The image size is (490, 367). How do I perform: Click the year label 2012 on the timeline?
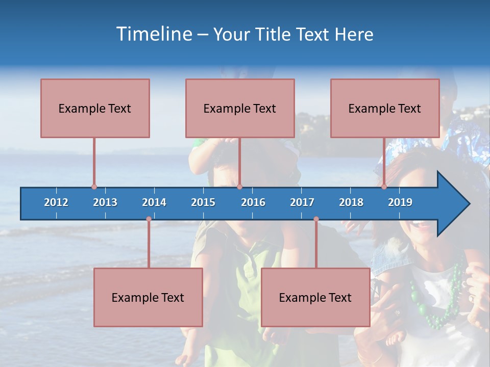pos(56,202)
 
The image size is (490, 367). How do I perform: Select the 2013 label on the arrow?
pos(105,202)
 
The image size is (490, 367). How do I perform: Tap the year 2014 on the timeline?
pos(154,202)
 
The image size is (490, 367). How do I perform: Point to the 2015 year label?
pos(203,202)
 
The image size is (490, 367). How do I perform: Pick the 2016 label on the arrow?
pos(253,202)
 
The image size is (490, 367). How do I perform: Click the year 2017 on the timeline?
pos(302,202)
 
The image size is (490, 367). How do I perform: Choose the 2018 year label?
pos(351,202)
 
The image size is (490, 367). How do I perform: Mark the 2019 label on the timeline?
pos(400,202)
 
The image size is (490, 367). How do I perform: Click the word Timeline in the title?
pos(153,34)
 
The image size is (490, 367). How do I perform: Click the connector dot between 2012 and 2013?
pos(94,187)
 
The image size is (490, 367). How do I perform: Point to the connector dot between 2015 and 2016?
pos(239,187)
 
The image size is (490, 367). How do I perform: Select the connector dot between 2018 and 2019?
pos(384,187)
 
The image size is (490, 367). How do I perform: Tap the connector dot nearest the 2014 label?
pos(149,219)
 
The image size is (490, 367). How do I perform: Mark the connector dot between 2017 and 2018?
pos(316,219)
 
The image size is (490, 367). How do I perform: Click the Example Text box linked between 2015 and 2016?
pos(240,108)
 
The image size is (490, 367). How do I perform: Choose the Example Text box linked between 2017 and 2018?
pos(315,297)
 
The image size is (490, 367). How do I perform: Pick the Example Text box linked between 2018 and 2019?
pos(385,108)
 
